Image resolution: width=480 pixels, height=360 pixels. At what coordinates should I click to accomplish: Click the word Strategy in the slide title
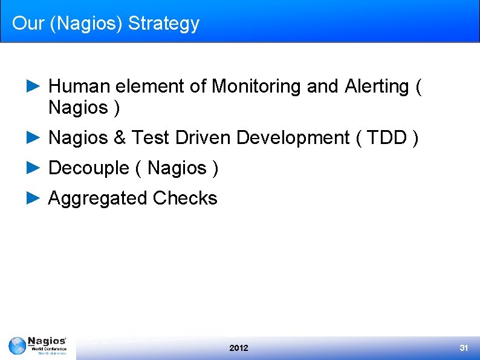163,24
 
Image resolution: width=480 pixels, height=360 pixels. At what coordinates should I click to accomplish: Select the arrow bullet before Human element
34,87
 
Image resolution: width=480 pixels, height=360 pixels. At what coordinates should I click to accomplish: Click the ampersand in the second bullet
119,138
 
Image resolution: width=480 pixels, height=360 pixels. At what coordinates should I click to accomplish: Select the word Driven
203,138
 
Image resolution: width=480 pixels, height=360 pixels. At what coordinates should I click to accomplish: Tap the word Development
293,138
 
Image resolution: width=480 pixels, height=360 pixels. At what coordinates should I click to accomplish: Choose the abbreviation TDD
387,138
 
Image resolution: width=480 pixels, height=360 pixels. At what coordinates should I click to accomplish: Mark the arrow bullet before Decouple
34,168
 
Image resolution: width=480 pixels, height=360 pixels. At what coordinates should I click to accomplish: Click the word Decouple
88,168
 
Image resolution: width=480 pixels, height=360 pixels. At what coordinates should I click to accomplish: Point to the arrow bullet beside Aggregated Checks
34,198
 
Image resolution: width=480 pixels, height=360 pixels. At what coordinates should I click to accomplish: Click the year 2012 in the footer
239,348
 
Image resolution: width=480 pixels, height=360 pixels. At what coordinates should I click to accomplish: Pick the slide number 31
464,348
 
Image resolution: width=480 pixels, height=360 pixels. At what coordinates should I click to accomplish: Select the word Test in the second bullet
151,138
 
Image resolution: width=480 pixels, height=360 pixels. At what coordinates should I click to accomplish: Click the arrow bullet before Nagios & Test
34,138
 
